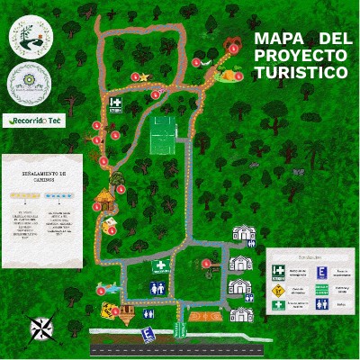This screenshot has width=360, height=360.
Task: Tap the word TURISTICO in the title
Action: click(300, 72)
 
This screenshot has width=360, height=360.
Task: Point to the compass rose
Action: click(40, 328)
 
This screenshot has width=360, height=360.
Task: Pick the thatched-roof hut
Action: click(104, 198)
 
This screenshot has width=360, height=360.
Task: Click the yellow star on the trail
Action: click(143, 77)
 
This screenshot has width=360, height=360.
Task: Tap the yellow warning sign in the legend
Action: click(278, 290)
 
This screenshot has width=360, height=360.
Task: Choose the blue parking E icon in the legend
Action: click(320, 273)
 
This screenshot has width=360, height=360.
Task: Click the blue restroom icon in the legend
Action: click(320, 304)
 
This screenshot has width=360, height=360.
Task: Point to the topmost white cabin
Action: click(244, 234)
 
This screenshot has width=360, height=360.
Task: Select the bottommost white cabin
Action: click(241, 314)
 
